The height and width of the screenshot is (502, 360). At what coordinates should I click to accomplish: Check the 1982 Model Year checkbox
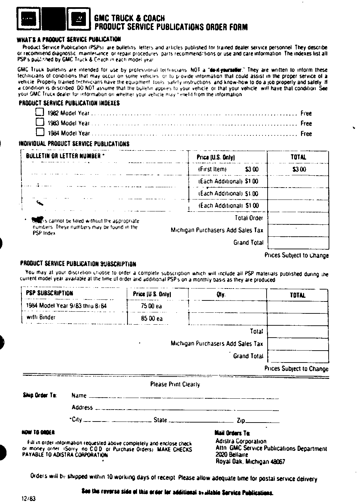point(40,112)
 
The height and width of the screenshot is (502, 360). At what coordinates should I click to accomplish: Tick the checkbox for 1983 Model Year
point(40,122)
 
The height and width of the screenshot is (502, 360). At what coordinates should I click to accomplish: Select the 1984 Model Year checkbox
point(40,132)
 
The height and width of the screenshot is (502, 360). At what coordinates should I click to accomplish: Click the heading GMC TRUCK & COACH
point(130,18)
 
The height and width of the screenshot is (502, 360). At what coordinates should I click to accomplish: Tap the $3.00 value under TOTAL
point(299,169)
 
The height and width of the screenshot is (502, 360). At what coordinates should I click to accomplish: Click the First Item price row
point(228,169)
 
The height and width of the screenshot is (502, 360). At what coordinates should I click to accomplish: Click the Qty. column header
point(221,295)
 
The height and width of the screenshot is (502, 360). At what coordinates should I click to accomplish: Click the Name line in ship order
point(183,396)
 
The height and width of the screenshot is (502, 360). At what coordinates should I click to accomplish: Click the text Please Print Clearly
point(175,384)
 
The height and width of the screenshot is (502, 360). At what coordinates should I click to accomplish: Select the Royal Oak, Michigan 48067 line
point(250,462)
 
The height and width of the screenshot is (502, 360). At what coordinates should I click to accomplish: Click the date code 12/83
point(29,498)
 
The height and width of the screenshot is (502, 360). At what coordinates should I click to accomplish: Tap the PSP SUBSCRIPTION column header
point(49,293)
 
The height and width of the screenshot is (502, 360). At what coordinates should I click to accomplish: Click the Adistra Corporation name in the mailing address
point(241,441)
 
